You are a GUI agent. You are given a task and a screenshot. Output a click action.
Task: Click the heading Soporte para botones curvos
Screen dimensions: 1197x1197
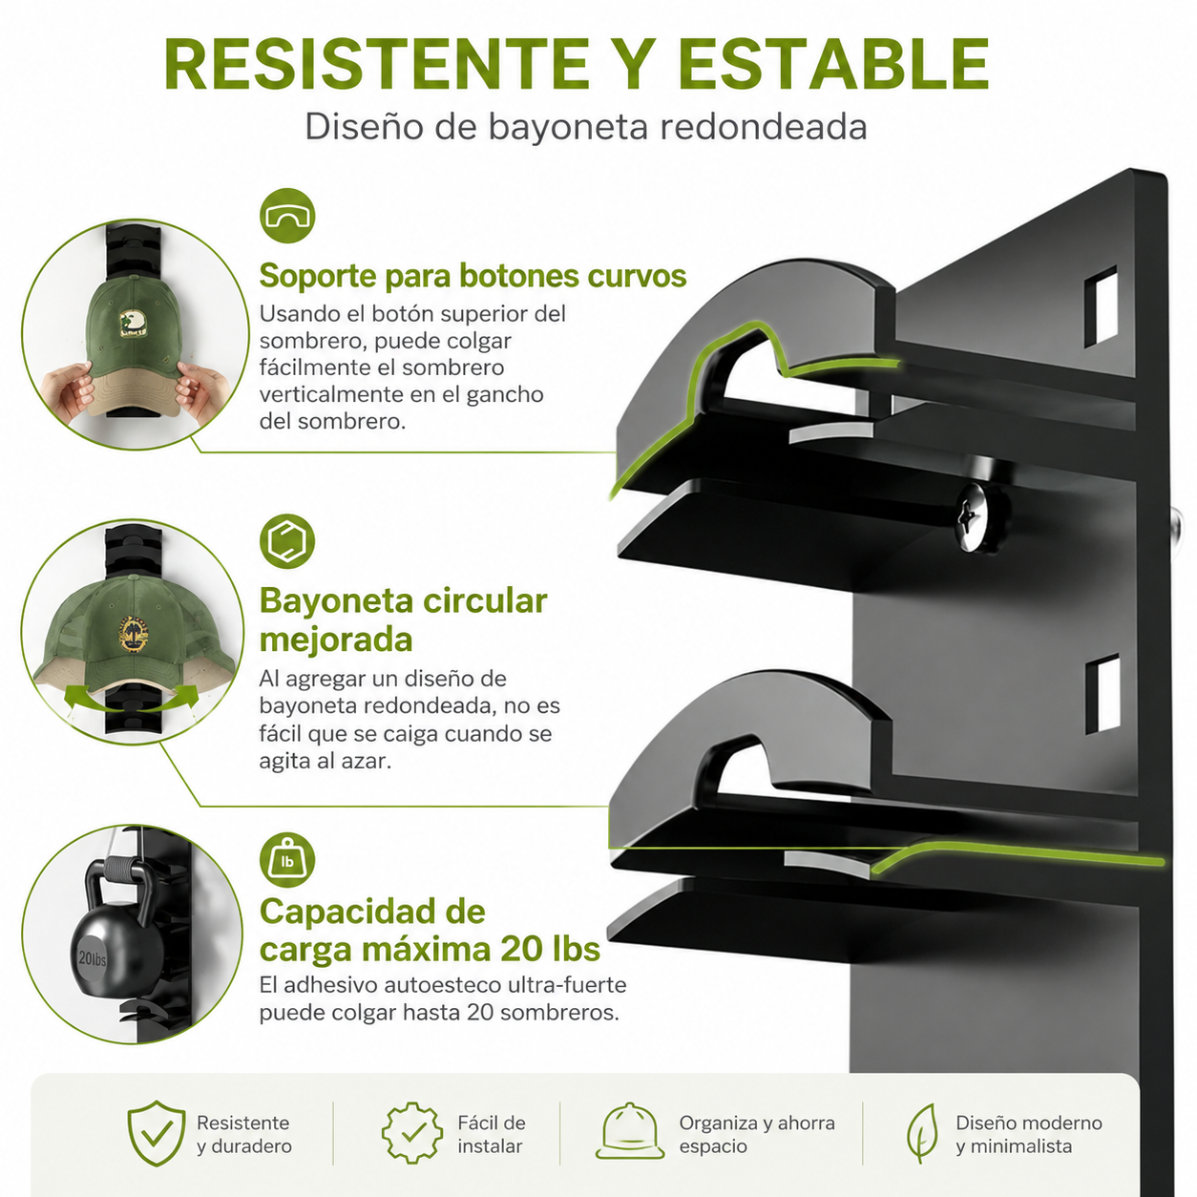click(x=472, y=275)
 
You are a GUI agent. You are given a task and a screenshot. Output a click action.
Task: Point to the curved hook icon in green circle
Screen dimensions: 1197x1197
click(x=287, y=216)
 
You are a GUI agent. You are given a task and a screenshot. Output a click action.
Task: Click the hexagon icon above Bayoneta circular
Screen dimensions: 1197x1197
click(x=287, y=541)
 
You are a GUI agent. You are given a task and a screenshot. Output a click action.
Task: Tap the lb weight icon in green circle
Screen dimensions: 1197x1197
click(x=287, y=860)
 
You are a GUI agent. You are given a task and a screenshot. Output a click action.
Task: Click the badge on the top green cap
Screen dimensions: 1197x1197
click(x=136, y=324)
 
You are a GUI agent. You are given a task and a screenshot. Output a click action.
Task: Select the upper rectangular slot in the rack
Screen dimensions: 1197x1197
click(x=1101, y=306)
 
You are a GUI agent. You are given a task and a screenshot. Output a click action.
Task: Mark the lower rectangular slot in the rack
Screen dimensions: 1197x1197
click(x=1102, y=694)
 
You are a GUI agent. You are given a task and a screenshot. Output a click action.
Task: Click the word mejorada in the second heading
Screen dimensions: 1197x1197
click(x=336, y=640)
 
